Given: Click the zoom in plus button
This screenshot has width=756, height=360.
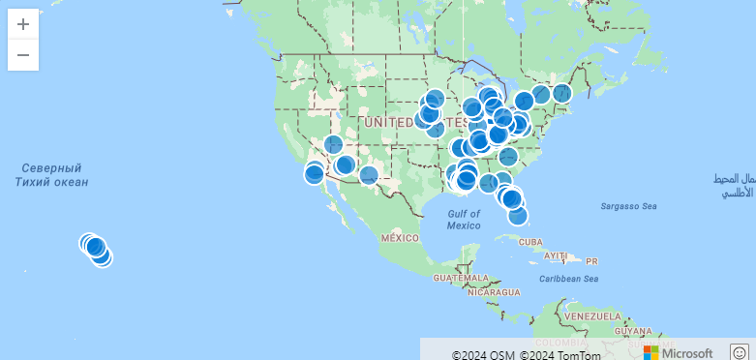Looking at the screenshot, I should pyautogui.click(x=23, y=24).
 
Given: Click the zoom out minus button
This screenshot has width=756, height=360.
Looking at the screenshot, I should pyautogui.click(x=23, y=55).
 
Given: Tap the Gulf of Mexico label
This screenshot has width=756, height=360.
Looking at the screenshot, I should pyautogui.click(x=464, y=219).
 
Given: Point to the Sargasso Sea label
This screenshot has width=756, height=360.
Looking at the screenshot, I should pyautogui.click(x=628, y=206).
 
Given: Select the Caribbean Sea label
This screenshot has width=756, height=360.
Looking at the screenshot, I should pyautogui.click(x=570, y=279).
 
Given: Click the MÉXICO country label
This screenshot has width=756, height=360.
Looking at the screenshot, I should pyautogui.click(x=400, y=237).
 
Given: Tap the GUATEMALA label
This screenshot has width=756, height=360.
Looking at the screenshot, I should pyautogui.click(x=461, y=278).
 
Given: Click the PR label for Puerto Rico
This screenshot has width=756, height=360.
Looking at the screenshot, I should pyautogui.click(x=591, y=260).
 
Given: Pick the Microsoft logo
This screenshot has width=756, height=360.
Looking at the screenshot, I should pyautogui.click(x=679, y=352).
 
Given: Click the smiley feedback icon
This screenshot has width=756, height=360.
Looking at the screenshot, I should pyautogui.click(x=740, y=352).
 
